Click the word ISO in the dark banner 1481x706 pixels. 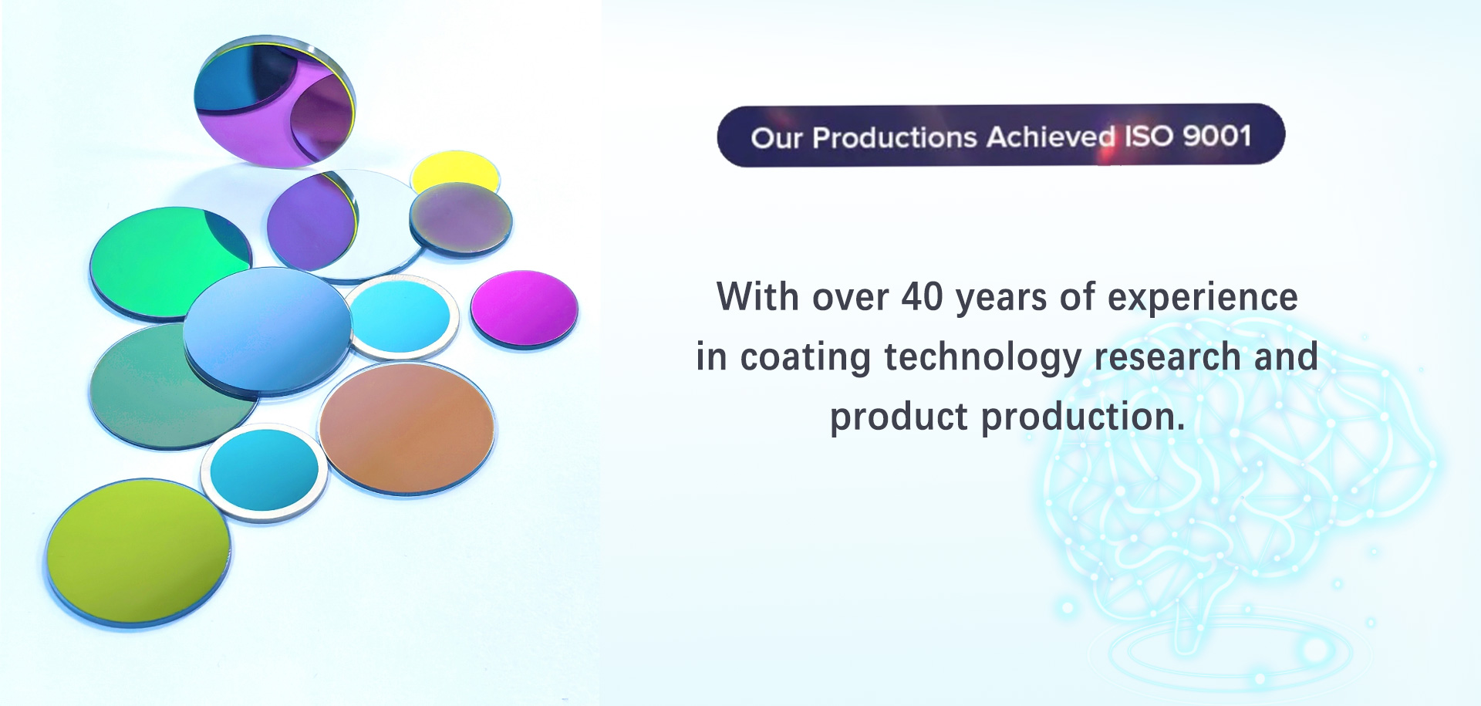tap(1149, 136)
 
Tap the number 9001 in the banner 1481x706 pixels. tap(1216, 136)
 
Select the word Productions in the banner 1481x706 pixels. tap(895, 137)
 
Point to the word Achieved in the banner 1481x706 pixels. tap(1051, 137)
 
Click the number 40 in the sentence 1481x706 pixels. tap(922, 297)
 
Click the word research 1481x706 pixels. tap(1168, 357)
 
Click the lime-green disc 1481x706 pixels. tap(138, 551)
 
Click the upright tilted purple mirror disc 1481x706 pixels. tap(275, 100)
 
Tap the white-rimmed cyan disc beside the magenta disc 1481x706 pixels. tap(401, 317)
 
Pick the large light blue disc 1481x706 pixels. tap(268, 330)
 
